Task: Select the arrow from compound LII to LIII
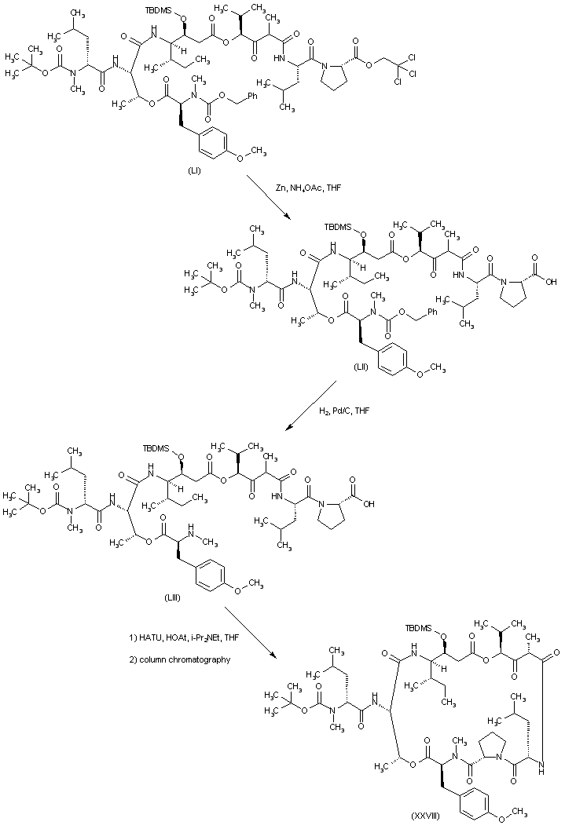tap(311, 407)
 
